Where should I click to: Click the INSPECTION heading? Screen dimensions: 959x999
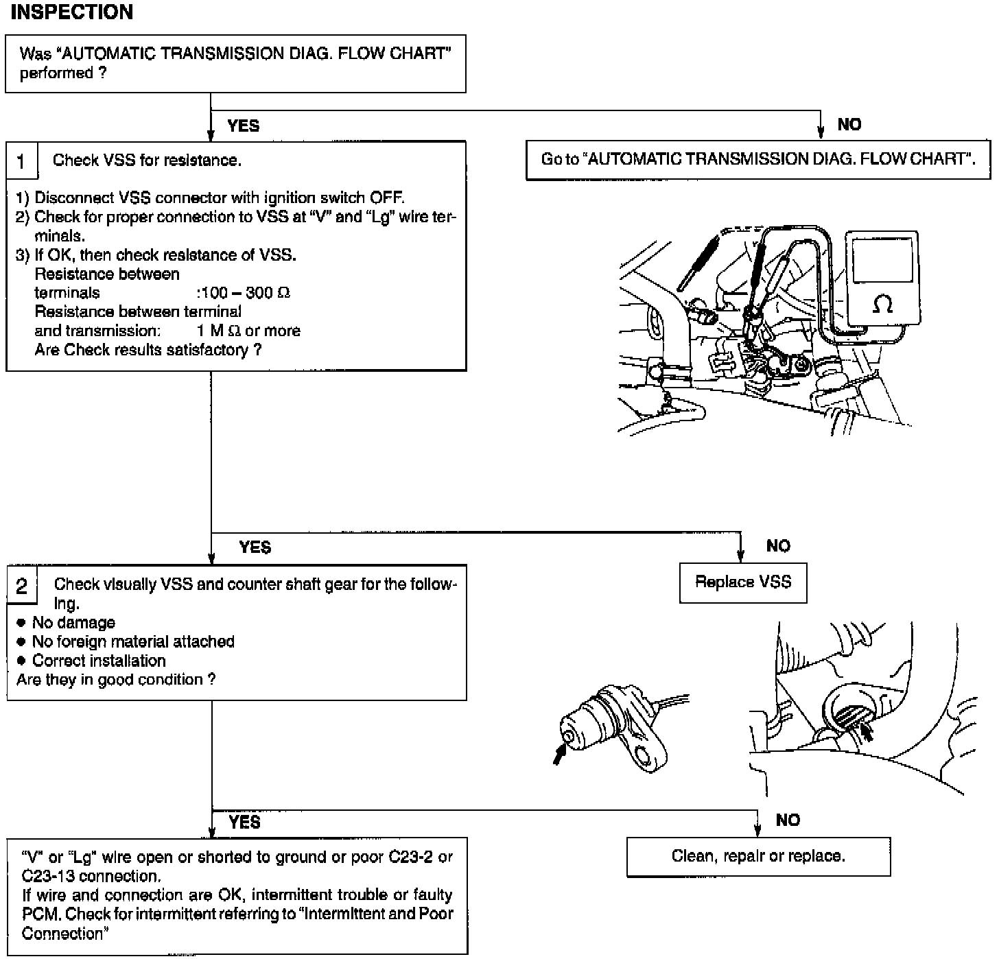pyautogui.click(x=72, y=12)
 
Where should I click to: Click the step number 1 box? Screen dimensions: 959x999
pyautogui.click(x=21, y=161)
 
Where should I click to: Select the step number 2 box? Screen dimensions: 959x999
pyautogui.click(x=22, y=585)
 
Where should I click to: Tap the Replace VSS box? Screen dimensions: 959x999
pyautogui.click(x=743, y=582)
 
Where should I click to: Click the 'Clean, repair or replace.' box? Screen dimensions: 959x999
pyautogui.click(x=758, y=856)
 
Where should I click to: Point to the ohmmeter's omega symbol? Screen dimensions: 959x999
pyautogui.click(x=882, y=303)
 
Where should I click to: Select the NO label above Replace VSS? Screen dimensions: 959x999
pyautogui.click(x=778, y=546)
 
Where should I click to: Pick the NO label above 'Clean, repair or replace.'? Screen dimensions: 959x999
pyautogui.click(x=788, y=820)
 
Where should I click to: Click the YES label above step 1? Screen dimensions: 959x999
pyautogui.click(x=244, y=126)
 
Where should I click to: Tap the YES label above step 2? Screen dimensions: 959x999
pyautogui.click(x=255, y=547)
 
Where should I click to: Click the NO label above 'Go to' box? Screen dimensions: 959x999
pyautogui.click(x=849, y=124)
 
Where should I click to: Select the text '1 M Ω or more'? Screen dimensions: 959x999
pyautogui.click(x=248, y=331)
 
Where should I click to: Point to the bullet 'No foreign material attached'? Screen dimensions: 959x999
pyautogui.click(x=133, y=641)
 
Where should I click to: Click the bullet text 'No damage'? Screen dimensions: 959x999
pyautogui.click(x=73, y=623)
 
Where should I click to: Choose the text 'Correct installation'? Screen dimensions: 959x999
pyautogui.click(x=99, y=661)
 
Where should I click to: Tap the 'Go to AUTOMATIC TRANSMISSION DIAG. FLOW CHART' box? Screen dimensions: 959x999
pyautogui.click(x=758, y=160)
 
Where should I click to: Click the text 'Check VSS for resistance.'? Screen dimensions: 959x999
pyautogui.click(x=147, y=161)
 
